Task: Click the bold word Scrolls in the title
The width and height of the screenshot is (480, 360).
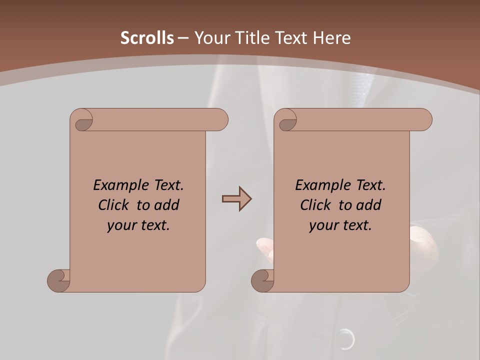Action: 147,38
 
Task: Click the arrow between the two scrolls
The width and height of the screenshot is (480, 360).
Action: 236,199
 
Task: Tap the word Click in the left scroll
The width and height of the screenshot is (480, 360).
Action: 109,205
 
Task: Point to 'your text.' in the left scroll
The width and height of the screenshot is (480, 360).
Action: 138,225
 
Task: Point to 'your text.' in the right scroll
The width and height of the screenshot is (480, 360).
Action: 340,225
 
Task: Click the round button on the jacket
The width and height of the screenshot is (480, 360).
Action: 345,339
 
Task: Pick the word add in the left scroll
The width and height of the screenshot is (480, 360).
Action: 167,205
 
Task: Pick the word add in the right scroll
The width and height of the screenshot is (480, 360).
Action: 369,205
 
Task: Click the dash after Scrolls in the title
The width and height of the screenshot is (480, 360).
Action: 183,38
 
